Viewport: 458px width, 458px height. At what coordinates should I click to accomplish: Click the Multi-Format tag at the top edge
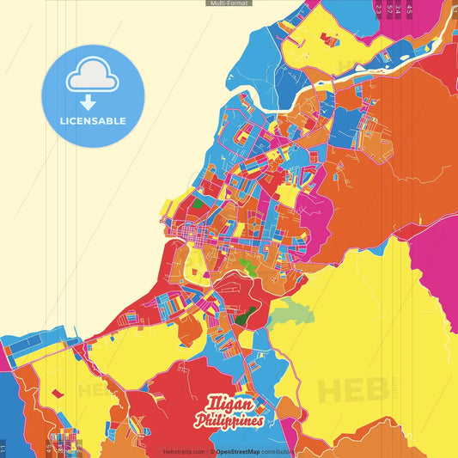(x=229, y=3)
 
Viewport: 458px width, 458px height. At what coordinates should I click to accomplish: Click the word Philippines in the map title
(x=230, y=420)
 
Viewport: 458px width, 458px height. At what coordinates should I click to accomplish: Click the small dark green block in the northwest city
(x=199, y=204)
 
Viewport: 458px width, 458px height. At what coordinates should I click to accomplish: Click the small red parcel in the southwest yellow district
(x=57, y=393)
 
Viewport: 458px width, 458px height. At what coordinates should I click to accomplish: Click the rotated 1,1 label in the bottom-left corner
(x=3, y=448)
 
